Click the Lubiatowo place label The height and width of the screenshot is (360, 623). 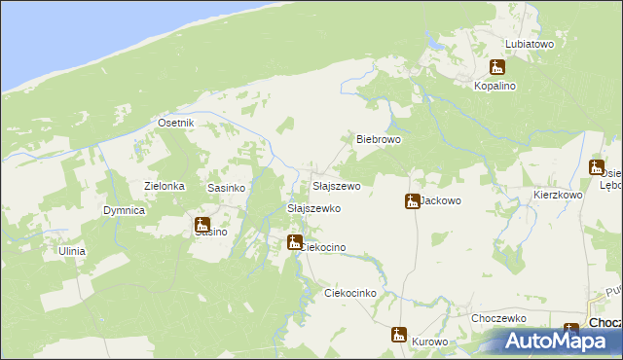tap(530, 44)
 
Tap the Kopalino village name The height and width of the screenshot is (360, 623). tap(495, 86)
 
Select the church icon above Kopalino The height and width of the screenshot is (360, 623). tap(497, 68)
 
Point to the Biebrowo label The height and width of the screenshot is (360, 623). tap(379, 139)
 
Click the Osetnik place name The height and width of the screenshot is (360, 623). tap(176, 123)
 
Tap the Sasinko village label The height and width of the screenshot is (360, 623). tap(225, 186)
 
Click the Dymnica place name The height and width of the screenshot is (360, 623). tap(125, 210)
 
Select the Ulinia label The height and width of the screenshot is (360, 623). tap(71, 251)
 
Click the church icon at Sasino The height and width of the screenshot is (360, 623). tap(202, 225)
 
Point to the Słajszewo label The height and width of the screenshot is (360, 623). tap(336, 185)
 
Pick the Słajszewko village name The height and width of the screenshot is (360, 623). tap(312, 208)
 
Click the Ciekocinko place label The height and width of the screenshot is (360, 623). tap(349, 292)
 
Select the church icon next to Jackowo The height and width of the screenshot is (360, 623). tap(412, 201)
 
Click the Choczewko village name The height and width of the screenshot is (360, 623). tap(498, 318)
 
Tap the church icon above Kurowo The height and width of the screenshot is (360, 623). tap(398, 335)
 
